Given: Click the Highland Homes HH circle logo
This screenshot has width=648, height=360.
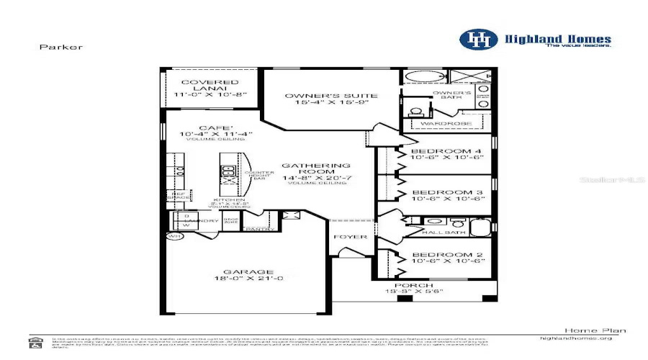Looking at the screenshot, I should pyautogui.click(x=479, y=40).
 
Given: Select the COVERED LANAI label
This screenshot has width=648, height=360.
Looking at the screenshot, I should pyautogui.click(x=210, y=82).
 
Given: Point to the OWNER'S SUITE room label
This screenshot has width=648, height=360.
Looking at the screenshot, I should pyautogui.click(x=326, y=95).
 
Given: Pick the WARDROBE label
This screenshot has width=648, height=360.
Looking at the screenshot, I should pyautogui.click(x=446, y=124).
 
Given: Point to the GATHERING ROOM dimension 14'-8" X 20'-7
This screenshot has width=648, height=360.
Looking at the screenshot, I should pyautogui.click(x=326, y=176).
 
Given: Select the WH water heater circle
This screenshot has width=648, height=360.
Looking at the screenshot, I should pyautogui.click(x=174, y=235).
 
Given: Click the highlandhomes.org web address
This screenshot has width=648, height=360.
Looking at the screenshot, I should pyautogui.click(x=575, y=338).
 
